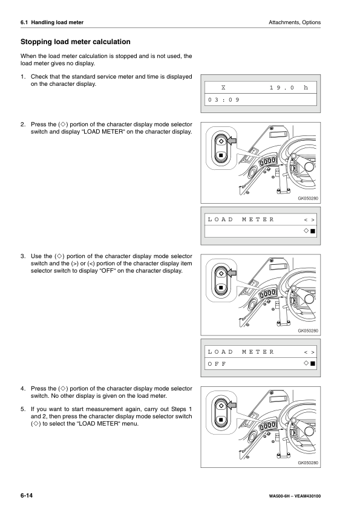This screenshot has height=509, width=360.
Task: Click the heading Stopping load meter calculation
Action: pos(76,42)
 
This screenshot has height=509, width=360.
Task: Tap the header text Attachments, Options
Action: pos(293,22)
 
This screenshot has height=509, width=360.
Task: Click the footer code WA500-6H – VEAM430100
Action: pos(295,496)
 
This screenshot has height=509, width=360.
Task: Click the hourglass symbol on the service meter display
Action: pos(224,88)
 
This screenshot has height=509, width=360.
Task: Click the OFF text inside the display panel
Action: pos(216,363)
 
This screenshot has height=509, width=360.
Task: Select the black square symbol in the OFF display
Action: pos(313,363)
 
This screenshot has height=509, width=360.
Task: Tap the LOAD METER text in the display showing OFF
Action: pos(241,351)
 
